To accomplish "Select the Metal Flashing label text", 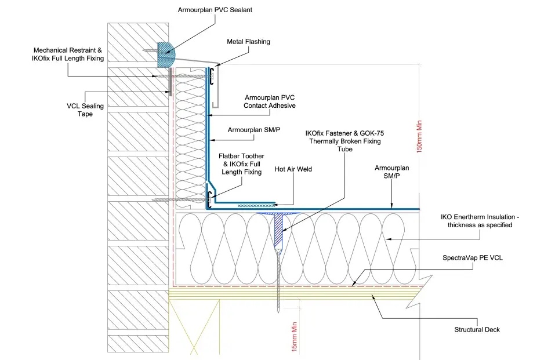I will (248, 42).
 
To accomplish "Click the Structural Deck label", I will (477, 329).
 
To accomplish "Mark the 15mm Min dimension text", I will (295, 337).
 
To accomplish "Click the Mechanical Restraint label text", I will (68, 50).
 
